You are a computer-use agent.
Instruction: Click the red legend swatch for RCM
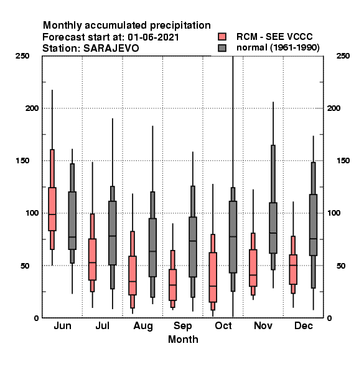[x=222, y=37]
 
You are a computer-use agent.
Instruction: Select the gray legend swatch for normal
[x=222, y=48]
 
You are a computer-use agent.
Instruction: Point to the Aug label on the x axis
[x=143, y=326]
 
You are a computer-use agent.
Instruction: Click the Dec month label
[x=304, y=325]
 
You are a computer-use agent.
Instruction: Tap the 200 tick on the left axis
[x=32, y=108]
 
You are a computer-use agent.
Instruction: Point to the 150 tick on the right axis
[x=343, y=161]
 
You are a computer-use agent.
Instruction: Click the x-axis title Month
[x=183, y=340]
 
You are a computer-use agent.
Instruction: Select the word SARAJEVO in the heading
[x=111, y=49]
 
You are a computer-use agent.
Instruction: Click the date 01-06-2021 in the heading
[x=153, y=37]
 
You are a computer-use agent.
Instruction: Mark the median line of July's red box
[x=92, y=262]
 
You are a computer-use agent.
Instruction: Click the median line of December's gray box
[x=314, y=239]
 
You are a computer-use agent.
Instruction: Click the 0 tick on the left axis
[x=36, y=318]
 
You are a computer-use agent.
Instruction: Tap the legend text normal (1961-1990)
[x=278, y=48]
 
